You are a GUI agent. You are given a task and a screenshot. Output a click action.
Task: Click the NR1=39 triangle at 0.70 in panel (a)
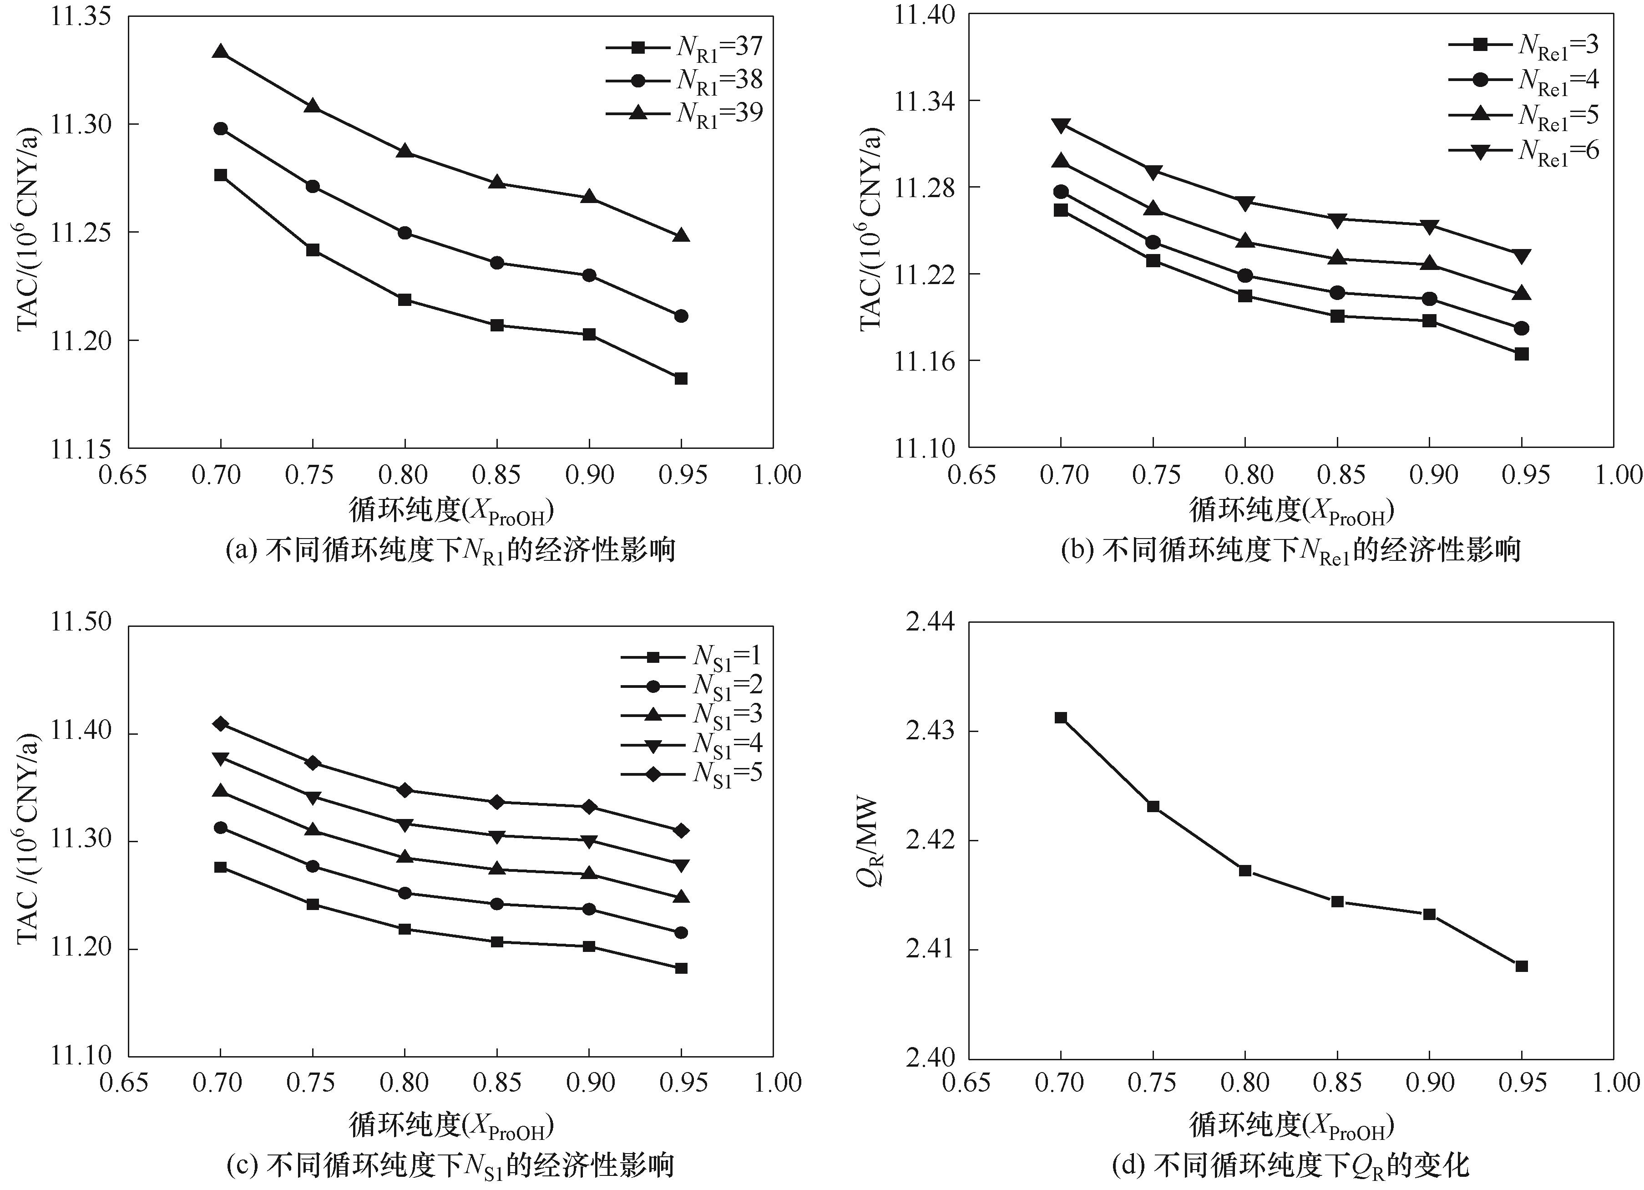(x=220, y=52)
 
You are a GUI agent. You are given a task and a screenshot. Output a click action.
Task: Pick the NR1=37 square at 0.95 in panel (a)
(x=681, y=379)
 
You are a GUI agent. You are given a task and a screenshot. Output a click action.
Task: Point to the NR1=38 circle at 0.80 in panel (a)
(x=405, y=233)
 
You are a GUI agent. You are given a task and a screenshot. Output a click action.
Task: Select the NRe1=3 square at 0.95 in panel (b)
(x=1522, y=354)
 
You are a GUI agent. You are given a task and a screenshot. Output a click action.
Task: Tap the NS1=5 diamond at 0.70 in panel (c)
(x=220, y=724)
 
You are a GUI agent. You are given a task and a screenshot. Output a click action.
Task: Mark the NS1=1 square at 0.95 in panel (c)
(x=681, y=968)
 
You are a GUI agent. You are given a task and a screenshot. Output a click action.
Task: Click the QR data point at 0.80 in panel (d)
(x=1245, y=870)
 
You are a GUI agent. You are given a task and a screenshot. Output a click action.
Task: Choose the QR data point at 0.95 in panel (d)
(x=1522, y=966)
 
